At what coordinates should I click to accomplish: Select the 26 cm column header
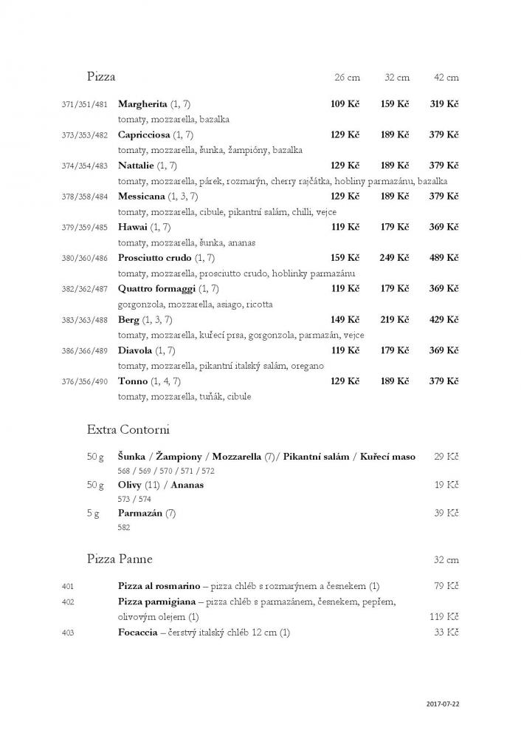coord(347,77)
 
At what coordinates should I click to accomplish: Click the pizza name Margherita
coord(142,104)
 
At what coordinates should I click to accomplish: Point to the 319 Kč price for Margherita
coord(444,104)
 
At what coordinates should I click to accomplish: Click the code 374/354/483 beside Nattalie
coord(85,166)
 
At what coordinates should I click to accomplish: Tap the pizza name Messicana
coord(142,197)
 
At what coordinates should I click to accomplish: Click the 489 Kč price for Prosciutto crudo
coord(444,258)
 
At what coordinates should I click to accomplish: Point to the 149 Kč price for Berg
coord(345,320)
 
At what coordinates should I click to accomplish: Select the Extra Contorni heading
coord(128,429)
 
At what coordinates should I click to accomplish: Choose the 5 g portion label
coord(93,513)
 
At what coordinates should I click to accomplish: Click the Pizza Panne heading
coord(120,558)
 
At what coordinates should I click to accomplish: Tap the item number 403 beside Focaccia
coord(68,633)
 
